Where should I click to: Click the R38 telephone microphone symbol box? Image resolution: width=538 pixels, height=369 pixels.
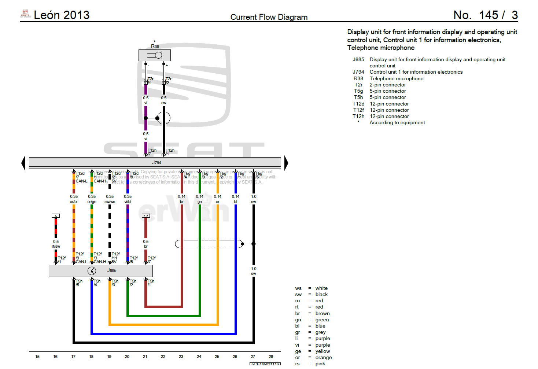click(x=154, y=55)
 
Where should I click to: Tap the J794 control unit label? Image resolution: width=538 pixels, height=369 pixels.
click(x=156, y=163)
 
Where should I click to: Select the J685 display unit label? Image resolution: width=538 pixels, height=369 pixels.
click(x=112, y=270)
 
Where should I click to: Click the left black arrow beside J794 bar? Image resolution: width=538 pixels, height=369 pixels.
click(x=23, y=163)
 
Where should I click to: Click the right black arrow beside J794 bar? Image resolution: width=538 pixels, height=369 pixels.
click(x=286, y=163)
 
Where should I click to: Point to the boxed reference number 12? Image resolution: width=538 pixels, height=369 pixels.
click(x=145, y=216)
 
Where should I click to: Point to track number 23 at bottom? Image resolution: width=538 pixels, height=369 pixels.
click(x=181, y=357)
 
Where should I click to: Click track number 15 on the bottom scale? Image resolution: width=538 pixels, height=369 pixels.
click(x=37, y=357)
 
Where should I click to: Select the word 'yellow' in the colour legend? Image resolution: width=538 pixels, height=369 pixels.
click(x=323, y=351)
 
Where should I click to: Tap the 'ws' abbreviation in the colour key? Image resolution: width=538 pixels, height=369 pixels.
click(x=298, y=288)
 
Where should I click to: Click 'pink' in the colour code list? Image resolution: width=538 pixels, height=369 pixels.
click(x=320, y=364)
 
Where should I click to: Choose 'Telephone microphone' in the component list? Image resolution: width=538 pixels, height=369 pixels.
click(x=396, y=78)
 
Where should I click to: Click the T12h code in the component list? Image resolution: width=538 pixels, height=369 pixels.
click(x=358, y=116)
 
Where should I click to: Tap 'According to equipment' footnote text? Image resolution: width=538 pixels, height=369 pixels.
click(x=397, y=122)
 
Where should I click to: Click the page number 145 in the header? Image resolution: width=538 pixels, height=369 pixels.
click(x=489, y=15)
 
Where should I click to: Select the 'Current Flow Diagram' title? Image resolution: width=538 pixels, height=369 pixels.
click(x=269, y=17)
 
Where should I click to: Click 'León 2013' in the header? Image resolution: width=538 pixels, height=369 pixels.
click(x=62, y=15)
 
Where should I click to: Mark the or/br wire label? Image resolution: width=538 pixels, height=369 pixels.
click(x=74, y=202)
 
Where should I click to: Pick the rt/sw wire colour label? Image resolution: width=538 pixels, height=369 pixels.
click(x=56, y=246)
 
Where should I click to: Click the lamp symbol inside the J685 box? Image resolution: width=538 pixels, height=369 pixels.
click(x=92, y=271)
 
